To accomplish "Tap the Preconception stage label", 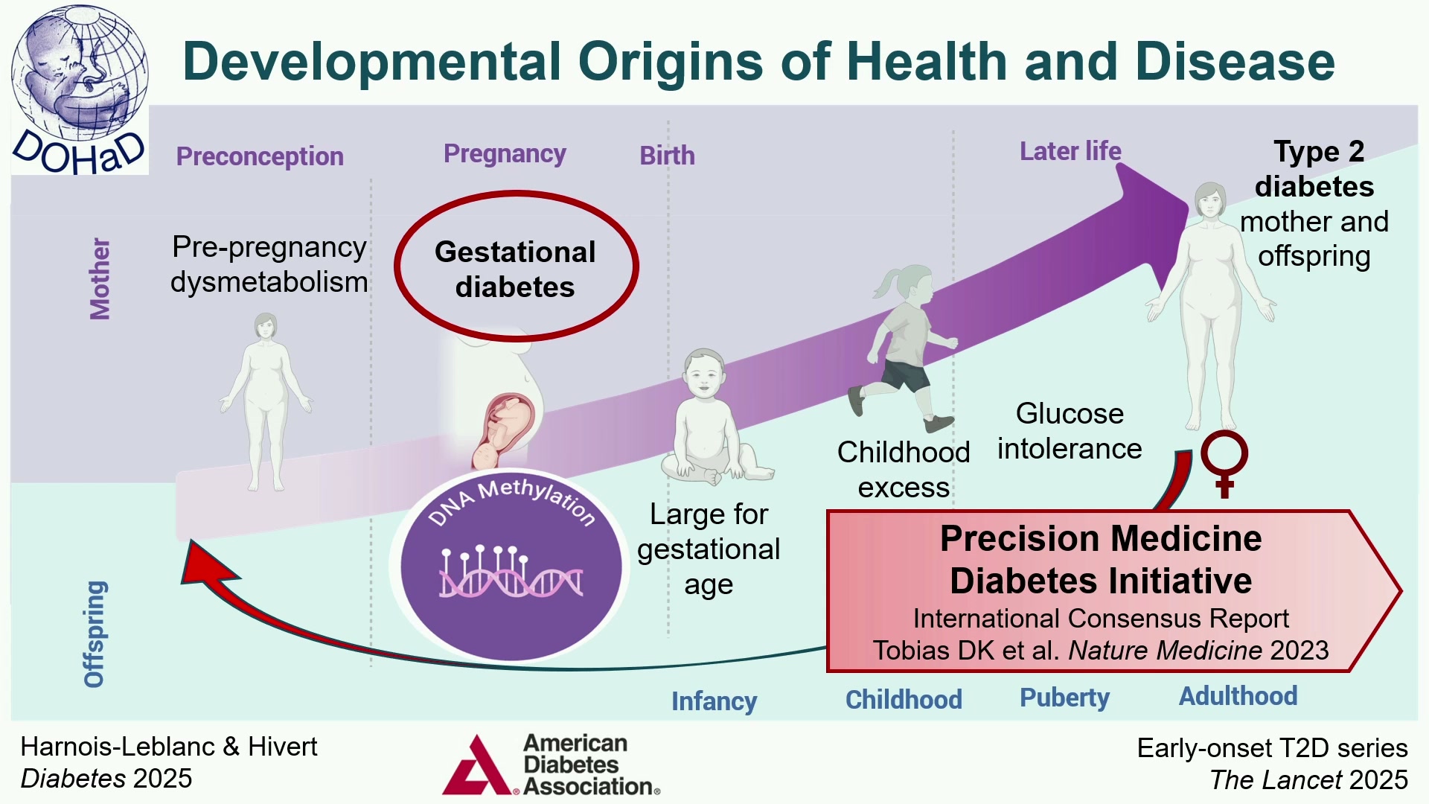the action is point(260,156).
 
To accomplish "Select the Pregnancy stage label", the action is point(505,153).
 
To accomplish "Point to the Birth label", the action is point(668,155).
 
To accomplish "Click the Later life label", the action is point(1070,151).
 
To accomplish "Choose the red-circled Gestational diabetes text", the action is point(515,269).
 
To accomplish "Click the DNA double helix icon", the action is point(511,572).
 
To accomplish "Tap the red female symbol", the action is point(1224,463).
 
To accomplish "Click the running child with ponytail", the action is point(903,348).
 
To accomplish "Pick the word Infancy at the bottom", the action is point(714,701).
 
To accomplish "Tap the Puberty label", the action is point(1064,698).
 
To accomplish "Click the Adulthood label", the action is point(1238,696).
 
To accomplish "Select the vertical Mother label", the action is point(100,279).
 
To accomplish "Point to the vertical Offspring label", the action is point(95,634).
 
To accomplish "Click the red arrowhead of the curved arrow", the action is point(207,564).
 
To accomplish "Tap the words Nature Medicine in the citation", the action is point(1166,651).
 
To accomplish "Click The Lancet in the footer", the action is point(1276,779).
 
